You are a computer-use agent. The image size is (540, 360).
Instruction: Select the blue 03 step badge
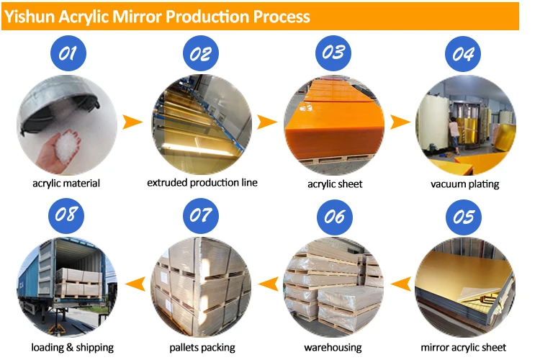coord(333,53)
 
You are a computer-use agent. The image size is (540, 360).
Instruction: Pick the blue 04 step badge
coord(464,53)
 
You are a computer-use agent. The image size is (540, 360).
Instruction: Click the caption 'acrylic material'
coord(66,184)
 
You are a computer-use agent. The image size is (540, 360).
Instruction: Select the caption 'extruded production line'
coord(202,183)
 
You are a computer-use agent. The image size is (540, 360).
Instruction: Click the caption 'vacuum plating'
coord(465,184)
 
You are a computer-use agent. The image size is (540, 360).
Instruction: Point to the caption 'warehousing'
coord(333,348)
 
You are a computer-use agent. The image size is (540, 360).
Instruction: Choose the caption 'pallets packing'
coord(202,348)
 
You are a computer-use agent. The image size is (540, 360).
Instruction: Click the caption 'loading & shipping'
coord(72,348)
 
